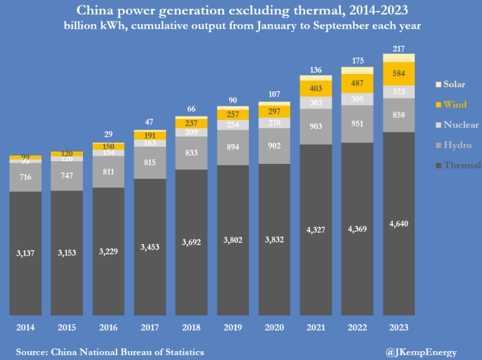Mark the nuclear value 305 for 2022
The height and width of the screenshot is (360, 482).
tap(357, 98)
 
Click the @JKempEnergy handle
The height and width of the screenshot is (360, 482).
tap(421, 352)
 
